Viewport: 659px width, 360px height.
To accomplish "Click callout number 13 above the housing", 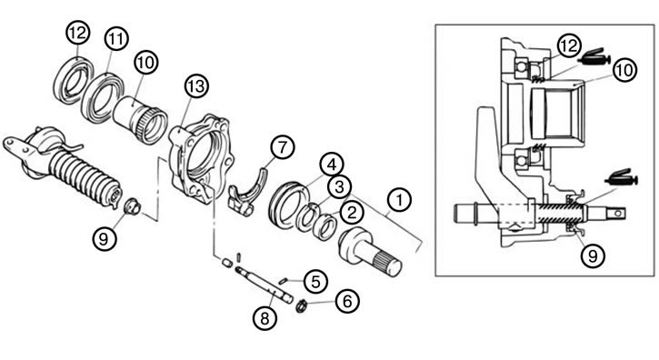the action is click(x=196, y=86).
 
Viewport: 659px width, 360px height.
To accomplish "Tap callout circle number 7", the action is click(x=283, y=146).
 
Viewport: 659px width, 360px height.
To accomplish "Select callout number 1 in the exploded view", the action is click(x=399, y=200).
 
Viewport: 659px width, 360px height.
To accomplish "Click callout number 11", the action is click(x=116, y=39).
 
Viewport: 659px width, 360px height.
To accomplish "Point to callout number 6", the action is click(x=347, y=301).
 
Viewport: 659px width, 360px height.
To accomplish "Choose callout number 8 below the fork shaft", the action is click(x=265, y=318).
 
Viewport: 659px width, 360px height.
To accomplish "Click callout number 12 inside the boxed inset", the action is click(x=569, y=45).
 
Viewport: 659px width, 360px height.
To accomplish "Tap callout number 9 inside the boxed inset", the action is click(x=593, y=255).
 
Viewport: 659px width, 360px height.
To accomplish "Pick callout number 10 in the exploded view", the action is click(x=145, y=63).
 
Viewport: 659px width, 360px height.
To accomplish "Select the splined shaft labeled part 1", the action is click(x=370, y=252).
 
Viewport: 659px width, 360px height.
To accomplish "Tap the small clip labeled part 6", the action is click(x=300, y=307).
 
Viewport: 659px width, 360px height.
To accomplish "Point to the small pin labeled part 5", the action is click(x=284, y=280).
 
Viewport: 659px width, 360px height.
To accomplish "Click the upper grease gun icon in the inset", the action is click(x=594, y=57).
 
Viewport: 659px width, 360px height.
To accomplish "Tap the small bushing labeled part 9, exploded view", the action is click(x=132, y=206).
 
